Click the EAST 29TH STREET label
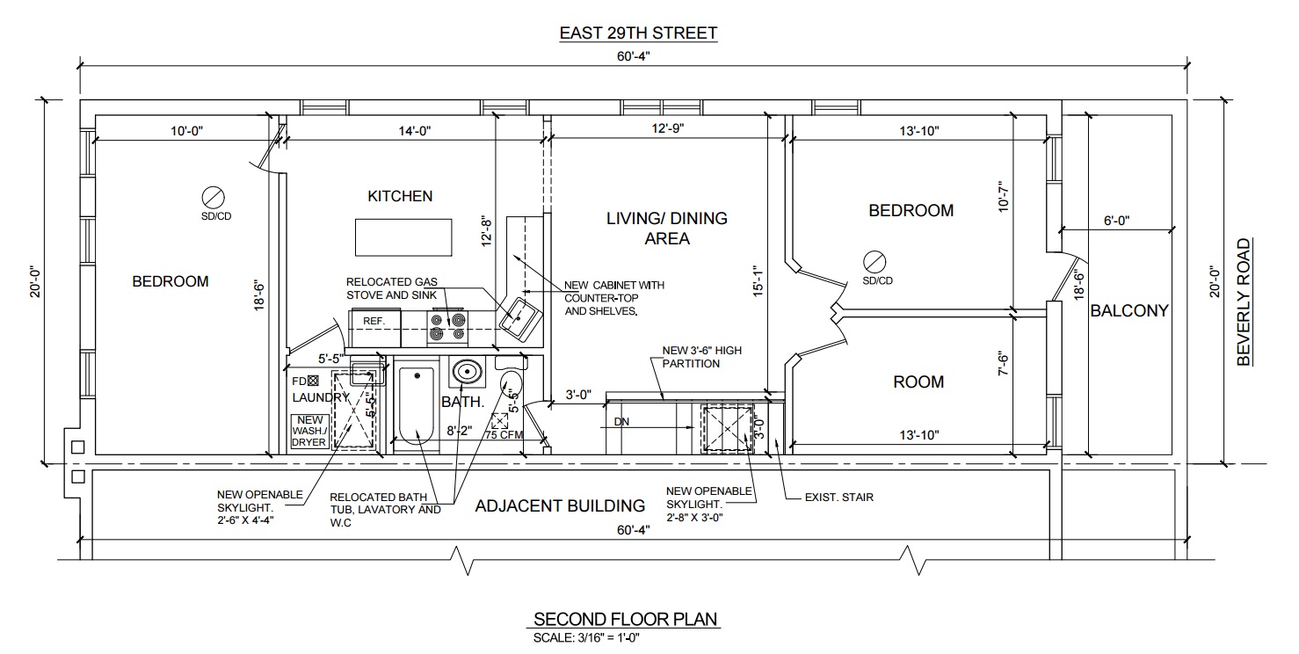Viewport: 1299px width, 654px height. pyautogui.click(x=638, y=33)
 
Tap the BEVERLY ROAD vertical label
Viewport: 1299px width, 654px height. pyautogui.click(x=1243, y=302)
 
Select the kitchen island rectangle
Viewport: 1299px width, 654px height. pyautogui.click(x=403, y=236)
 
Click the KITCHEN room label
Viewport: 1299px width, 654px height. pyautogui.click(x=400, y=196)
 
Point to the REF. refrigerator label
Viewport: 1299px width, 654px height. pyautogui.click(x=374, y=322)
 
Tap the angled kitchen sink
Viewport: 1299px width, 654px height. pyautogui.click(x=519, y=317)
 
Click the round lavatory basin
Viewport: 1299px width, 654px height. pyautogui.click(x=466, y=374)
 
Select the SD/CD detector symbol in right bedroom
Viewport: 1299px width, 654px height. pyautogui.click(x=875, y=260)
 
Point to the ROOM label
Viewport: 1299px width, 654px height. pyautogui.click(x=918, y=381)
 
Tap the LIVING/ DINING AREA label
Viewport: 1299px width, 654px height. pyautogui.click(x=667, y=229)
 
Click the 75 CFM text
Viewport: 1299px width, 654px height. pyautogui.click(x=504, y=434)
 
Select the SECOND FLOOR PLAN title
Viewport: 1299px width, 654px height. pyautogui.click(x=625, y=619)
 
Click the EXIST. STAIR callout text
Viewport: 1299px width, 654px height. pyautogui.click(x=838, y=498)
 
